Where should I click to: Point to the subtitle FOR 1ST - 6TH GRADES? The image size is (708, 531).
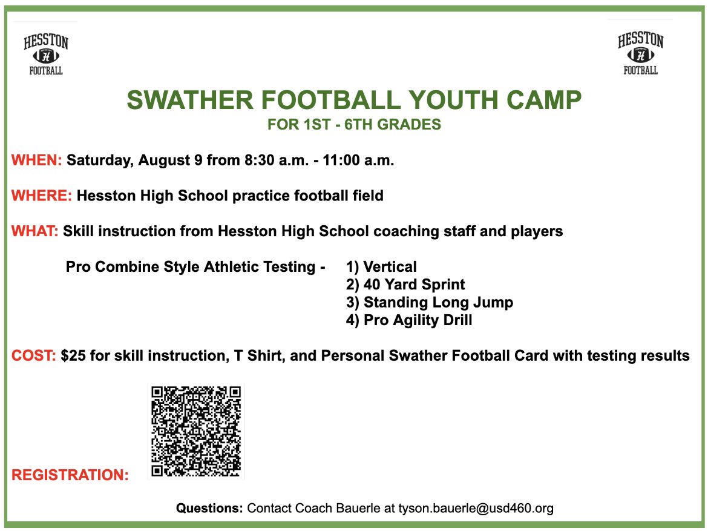pos(354,125)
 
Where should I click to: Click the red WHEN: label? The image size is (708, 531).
pos(37,161)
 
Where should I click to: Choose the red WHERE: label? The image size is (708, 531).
pos(42,196)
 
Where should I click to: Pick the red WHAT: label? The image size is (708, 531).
pos(34,231)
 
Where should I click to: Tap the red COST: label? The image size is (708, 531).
pos(34,356)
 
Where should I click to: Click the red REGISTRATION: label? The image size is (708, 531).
pos(70,475)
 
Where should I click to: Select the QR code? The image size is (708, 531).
pos(196,431)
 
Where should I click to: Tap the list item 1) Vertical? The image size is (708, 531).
pos(381,266)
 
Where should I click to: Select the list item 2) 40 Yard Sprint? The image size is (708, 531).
pos(405,285)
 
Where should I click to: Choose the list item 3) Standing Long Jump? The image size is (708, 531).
pos(429,302)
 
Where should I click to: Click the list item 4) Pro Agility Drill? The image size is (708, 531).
pos(409,320)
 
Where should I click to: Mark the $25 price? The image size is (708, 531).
pos(73,356)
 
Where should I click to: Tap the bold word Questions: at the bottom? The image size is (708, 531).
pos(209,509)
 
